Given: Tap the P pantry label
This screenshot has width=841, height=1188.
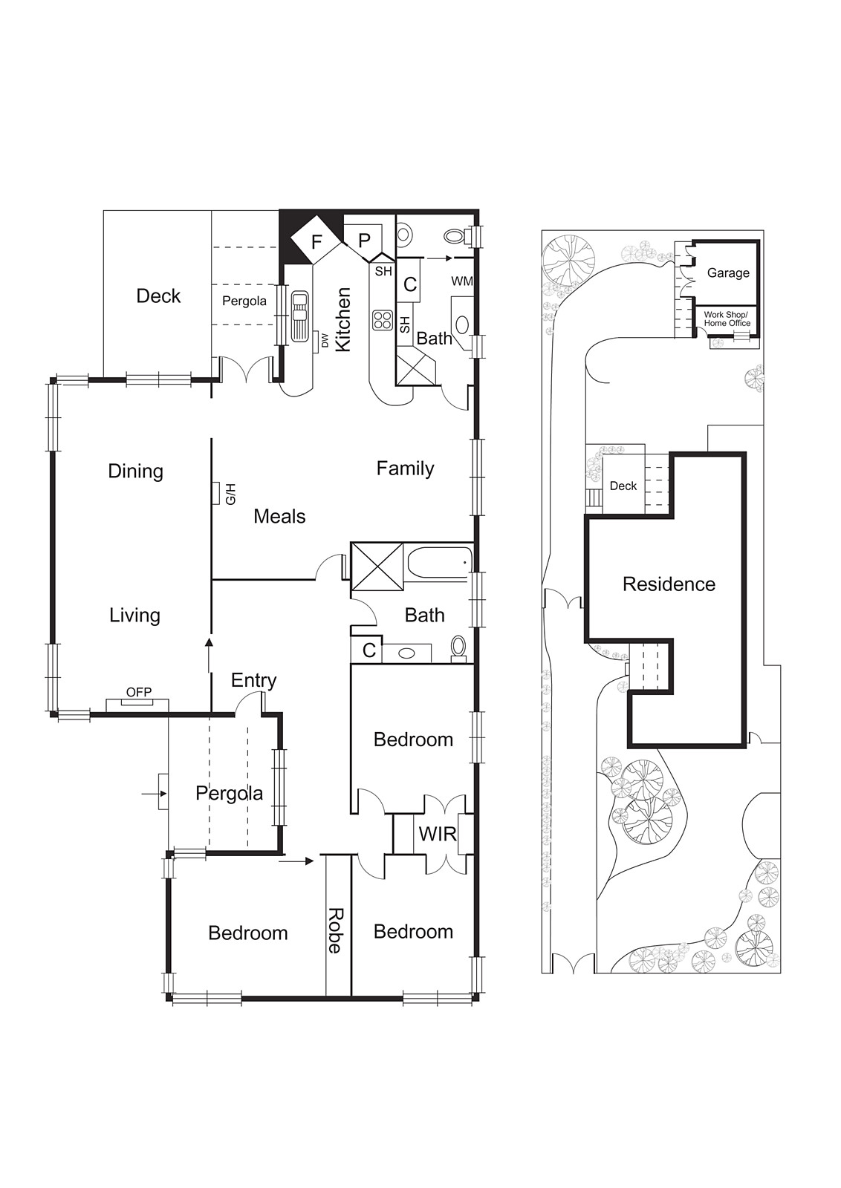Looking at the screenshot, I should pyautogui.click(x=364, y=241).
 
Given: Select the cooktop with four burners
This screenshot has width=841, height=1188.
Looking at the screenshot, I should pyautogui.click(x=383, y=320).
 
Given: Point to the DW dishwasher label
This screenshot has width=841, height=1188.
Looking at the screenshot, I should pyautogui.click(x=325, y=340).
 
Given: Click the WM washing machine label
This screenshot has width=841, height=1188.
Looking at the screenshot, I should pyautogui.click(x=461, y=281).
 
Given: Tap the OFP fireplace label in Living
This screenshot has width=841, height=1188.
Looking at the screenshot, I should pyautogui.click(x=138, y=692).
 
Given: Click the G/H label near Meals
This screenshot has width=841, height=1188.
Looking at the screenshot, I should pyautogui.click(x=230, y=494).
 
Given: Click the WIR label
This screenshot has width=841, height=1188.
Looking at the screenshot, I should pyautogui.click(x=437, y=834).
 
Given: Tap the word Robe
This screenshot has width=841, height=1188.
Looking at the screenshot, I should pyautogui.click(x=336, y=930).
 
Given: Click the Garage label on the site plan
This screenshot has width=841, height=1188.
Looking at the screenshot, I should pyautogui.click(x=727, y=272).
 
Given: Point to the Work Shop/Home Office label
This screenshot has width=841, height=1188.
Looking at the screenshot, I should pyautogui.click(x=727, y=319).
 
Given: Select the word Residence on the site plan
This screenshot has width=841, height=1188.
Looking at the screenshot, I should pyautogui.click(x=669, y=584).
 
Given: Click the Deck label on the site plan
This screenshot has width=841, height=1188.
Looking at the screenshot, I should pyautogui.click(x=623, y=486).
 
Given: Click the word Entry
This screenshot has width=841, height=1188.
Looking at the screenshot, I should pyautogui.click(x=253, y=680).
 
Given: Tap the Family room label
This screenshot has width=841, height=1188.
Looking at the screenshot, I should pyautogui.click(x=405, y=468).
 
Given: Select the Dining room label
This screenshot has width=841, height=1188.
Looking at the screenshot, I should pyautogui.click(x=135, y=471).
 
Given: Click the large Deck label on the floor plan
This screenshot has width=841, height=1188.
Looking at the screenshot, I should pyautogui.click(x=158, y=296).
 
